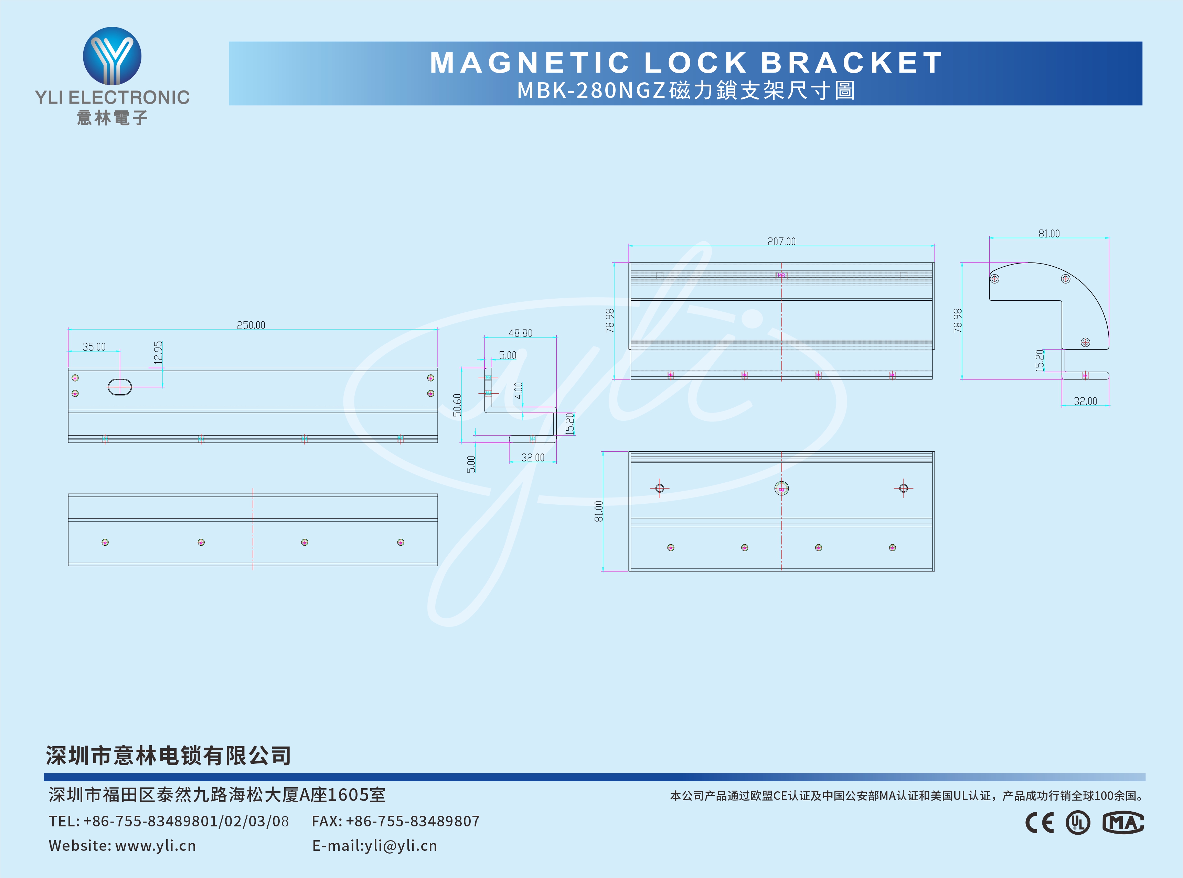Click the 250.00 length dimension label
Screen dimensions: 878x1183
coord(251,325)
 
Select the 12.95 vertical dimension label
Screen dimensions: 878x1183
coord(158,352)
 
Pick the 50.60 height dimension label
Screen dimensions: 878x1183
coord(457,405)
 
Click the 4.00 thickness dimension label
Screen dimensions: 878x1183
coord(519,390)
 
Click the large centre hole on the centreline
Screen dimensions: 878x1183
coord(781,488)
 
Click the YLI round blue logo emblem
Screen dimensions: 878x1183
coord(112,56)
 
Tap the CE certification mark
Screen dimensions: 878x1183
coord(1040,823)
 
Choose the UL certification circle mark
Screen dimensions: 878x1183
coord(1078,823)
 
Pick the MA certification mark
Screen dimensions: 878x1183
coord(1123,823)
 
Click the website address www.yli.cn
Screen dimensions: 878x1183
coord(155,846)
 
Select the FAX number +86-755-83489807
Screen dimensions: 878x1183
coord(413,821)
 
